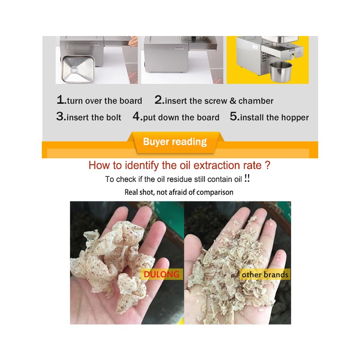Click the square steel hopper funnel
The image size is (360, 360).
tap(78, 69)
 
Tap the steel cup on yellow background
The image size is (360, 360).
tap(280, 72)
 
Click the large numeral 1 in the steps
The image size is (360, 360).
tap(61, 100)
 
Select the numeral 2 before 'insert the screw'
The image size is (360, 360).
tap(158, 100)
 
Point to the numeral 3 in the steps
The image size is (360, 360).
tap(60, 116)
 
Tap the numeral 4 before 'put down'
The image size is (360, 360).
tap(136, 116)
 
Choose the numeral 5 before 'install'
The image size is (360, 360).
tap(234, 116)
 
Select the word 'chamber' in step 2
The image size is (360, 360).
tap(256, 101)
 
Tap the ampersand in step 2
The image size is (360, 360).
tap(233, 101)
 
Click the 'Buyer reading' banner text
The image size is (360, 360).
tap(175, 142)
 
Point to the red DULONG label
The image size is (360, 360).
tap(162, 274)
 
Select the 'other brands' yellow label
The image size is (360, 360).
tap(265, 274)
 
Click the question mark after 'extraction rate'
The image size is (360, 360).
tap(267, 165)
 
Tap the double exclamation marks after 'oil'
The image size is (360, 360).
tap(247, 178)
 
